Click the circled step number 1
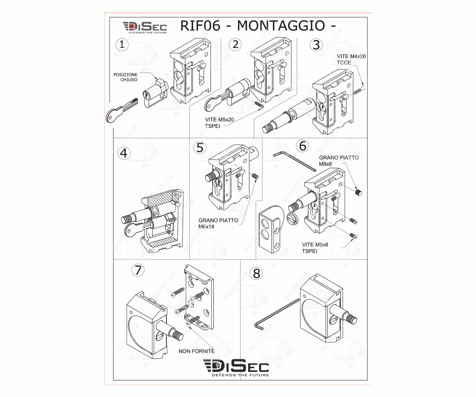(122, 44)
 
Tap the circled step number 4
(124, 153)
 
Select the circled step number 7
(138, 270)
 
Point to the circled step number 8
(256, 273)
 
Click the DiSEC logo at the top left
(145, 27)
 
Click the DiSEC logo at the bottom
(236, 367)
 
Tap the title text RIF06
(200, 25)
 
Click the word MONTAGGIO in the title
(281, 25)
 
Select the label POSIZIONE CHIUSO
(126, 77)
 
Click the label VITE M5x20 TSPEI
(219, 123)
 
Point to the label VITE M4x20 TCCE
(351, 59)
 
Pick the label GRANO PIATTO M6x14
(218, 223)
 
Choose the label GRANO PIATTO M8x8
(339, 161)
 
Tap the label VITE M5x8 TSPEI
(315, 248)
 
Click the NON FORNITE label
(196, 351)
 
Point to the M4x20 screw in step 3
(360, 90)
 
